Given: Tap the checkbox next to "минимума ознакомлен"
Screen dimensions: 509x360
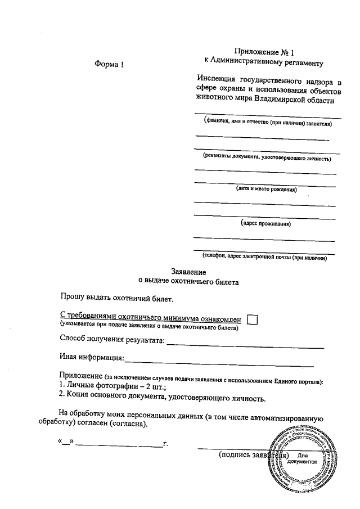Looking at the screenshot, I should (253, 319).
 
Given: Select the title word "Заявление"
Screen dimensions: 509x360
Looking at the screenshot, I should (188, 272).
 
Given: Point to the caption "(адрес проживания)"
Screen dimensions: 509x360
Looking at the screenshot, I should (265, 224).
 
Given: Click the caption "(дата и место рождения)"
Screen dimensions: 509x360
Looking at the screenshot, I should (266, 190).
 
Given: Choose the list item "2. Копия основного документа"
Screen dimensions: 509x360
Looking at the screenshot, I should (161, 399).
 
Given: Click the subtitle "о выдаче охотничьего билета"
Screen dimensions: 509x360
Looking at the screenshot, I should (188, 282).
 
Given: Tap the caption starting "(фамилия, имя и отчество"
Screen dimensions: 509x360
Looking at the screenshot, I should (267, 122).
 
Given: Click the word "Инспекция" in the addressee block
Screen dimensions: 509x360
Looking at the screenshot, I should (213, 79).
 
